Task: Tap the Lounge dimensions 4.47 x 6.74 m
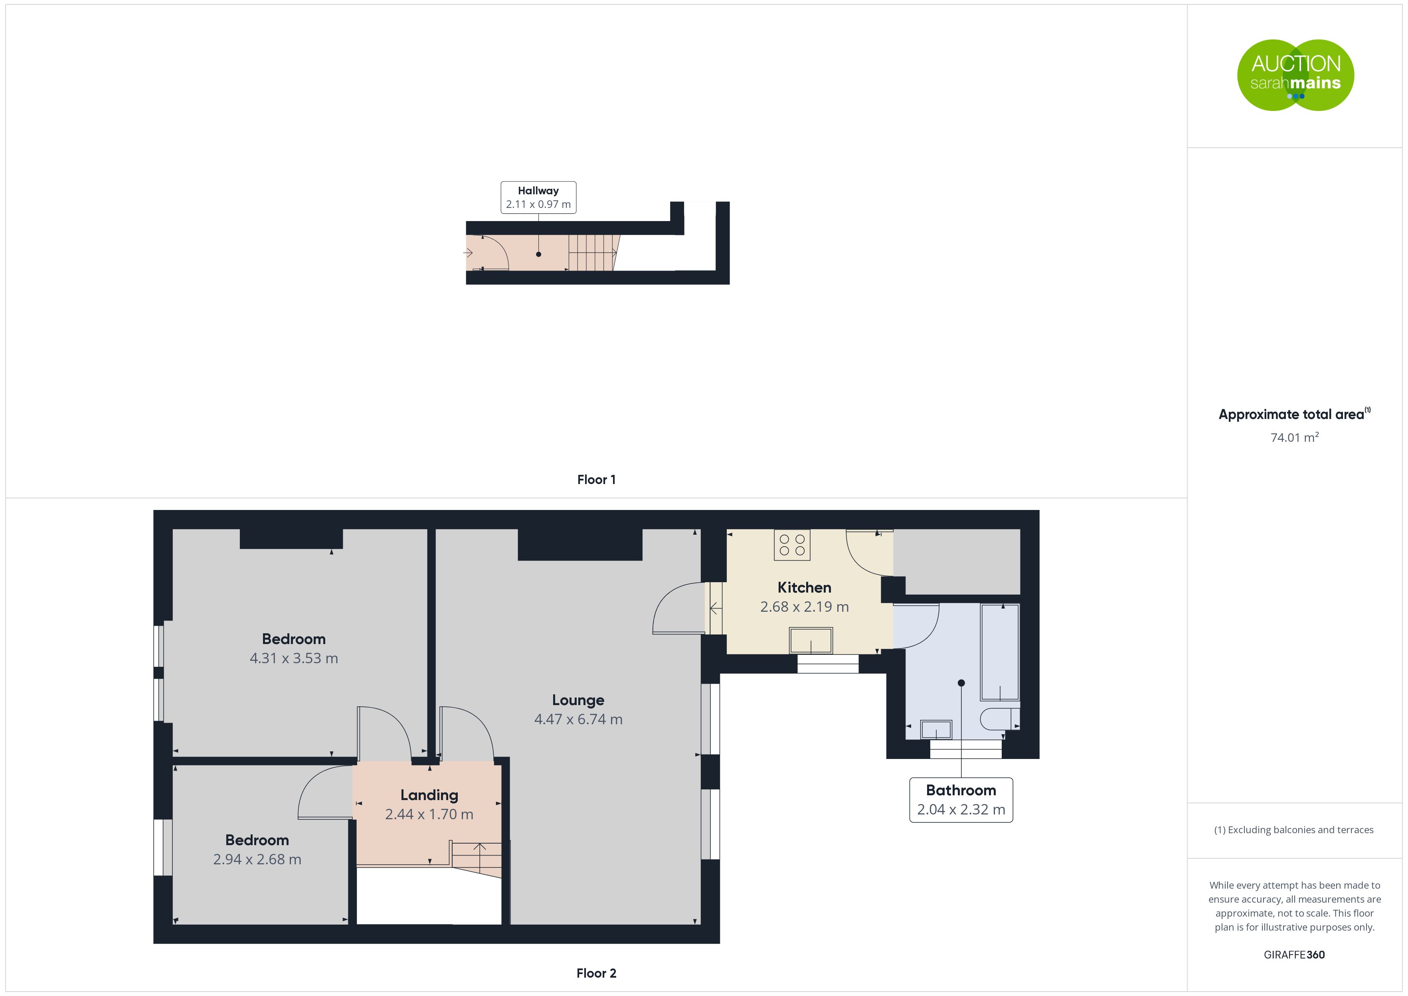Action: (x=578, y=719)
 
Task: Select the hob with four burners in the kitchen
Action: (x=792, y=545)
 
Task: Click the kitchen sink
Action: (x=811, y=640)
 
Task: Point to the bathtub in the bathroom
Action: (x=1000, y=652)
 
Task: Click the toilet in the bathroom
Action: (x=1000, y=719)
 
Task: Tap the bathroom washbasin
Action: (x=936, y=730)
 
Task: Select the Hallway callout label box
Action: (x=538, y=198)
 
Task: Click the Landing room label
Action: (x=429, y=795)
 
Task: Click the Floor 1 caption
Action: (x=596, y=480)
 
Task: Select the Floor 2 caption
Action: (x=596, y=973)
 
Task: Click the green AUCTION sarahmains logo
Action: (x=1295, y=75)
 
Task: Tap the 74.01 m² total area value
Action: (x=1295, y=437)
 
